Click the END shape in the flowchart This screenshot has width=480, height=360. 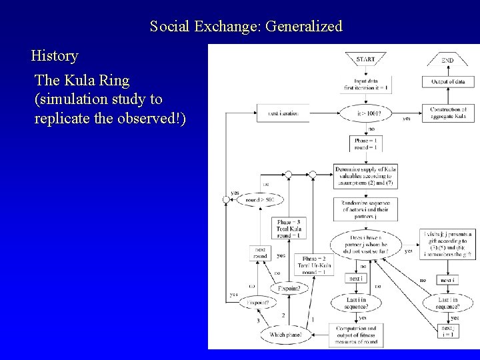click(447, 60)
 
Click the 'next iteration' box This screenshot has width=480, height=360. click(283, 113)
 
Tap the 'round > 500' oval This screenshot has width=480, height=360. click(259, 199)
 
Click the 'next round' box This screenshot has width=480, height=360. click(259, 253)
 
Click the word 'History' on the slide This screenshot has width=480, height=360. click(55, 55)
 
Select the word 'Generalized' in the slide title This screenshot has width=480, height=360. click(303, 27)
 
